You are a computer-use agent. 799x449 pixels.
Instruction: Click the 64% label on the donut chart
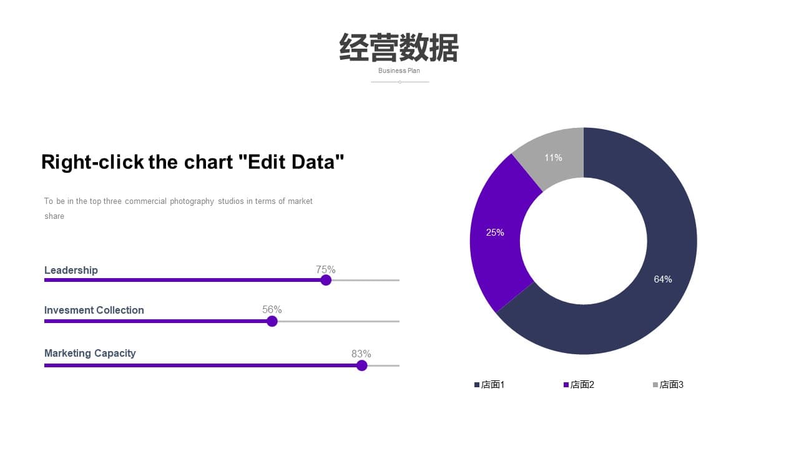(x=663, y=279)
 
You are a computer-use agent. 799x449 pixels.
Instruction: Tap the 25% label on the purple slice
(x=495, y=233)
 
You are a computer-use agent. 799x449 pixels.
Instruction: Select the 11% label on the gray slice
(x=553, y=158)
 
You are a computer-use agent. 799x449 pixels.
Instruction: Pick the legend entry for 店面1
(x=489, y=385)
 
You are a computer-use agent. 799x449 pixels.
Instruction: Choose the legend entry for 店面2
(x=579, y=385)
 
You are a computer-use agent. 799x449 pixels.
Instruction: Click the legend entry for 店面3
(x=668, y=385)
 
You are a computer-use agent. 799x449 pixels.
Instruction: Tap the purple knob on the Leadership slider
(x=326, y=280)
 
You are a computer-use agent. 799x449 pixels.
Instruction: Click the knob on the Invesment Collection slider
(x=272, y=321)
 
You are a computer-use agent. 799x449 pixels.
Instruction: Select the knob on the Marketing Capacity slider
(x=361, y=365)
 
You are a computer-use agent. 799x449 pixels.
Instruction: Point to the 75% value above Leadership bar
(x=325, y=269)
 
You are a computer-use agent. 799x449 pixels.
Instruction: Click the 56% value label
(x=272, y=310)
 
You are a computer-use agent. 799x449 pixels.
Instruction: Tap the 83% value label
(x=361, y=354)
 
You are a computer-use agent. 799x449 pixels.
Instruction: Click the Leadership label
(x=71, y=271)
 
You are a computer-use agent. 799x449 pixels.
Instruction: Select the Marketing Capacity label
(x=90, y=354)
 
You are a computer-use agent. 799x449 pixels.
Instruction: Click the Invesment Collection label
(x=94, y=311)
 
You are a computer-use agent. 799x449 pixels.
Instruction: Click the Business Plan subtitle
(x=399, y=71)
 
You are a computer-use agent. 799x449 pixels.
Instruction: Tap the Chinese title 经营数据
(x=399, y=48)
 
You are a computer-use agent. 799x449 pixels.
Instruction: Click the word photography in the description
(x=192, y=201)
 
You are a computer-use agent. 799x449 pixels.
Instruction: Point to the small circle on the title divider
(x=400, y=82)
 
